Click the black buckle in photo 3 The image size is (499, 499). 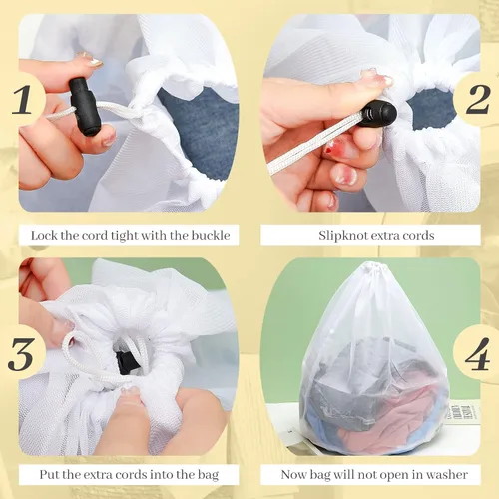[127, 361]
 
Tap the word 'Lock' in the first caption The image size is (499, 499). [45, 236]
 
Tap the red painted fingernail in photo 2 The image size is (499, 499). [332, 150]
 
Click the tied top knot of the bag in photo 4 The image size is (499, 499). [370, 269]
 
